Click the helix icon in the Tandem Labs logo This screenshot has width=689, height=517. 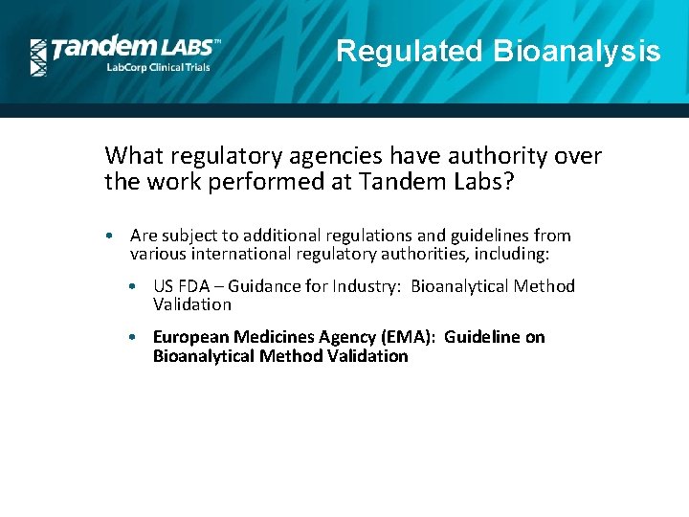[x=38, y=57]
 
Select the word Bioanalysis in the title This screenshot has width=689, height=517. [x=577, y=51]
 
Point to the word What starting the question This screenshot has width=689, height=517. [x=129, y=155]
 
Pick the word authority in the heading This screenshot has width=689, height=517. [x=443, y=155]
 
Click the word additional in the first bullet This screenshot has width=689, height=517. [x=278, y=236]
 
